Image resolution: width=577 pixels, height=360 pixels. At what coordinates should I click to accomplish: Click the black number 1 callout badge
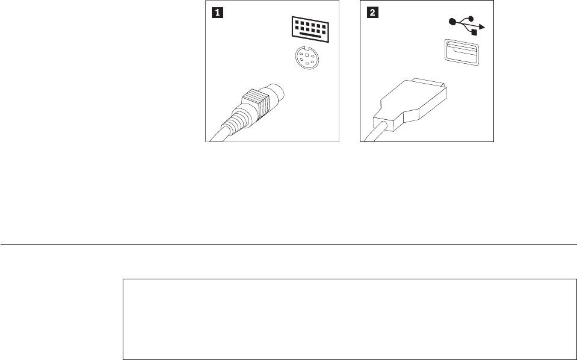[x=217, y=13]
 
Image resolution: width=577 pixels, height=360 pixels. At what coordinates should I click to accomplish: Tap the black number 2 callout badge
[x=372, y=13]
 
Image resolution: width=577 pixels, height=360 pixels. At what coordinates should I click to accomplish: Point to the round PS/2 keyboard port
[x=307, y=57]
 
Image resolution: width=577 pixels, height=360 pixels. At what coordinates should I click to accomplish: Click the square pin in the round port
[x=307, y=55]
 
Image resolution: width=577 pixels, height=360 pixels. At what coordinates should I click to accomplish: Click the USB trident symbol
[x=467, y=25]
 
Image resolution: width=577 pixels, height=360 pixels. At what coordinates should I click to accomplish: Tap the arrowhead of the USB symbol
[x=482, y=27]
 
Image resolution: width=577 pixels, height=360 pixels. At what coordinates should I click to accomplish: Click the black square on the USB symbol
[x=474, y=33]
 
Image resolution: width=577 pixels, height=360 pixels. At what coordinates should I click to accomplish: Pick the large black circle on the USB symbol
[x=452, y=22]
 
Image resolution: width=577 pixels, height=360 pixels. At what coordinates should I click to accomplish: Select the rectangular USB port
[x=462, y=52]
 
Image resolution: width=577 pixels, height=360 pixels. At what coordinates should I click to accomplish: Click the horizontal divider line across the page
[x=289, y=244]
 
